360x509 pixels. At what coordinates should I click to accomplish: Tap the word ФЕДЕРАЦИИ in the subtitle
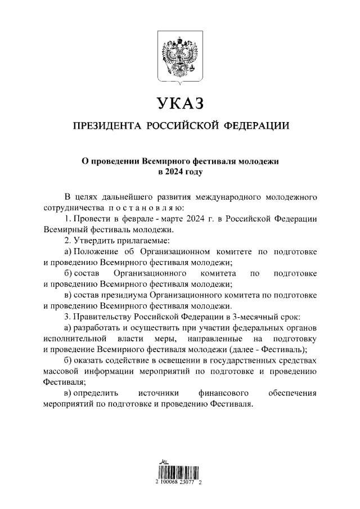click(257, 125)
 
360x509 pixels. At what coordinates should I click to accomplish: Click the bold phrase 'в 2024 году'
click(180, 172)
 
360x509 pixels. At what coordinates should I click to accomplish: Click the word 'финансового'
click(220, 394)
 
